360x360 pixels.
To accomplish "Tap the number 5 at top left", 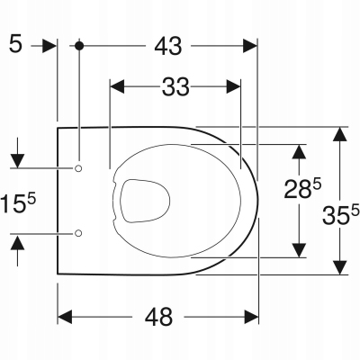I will click(14, 43).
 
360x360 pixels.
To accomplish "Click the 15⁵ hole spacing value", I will click(19, 200).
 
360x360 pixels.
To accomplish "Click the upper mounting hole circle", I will click(79, 168).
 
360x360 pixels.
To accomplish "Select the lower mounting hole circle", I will click(79, 233).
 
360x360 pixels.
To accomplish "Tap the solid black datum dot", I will click(80, 44).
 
